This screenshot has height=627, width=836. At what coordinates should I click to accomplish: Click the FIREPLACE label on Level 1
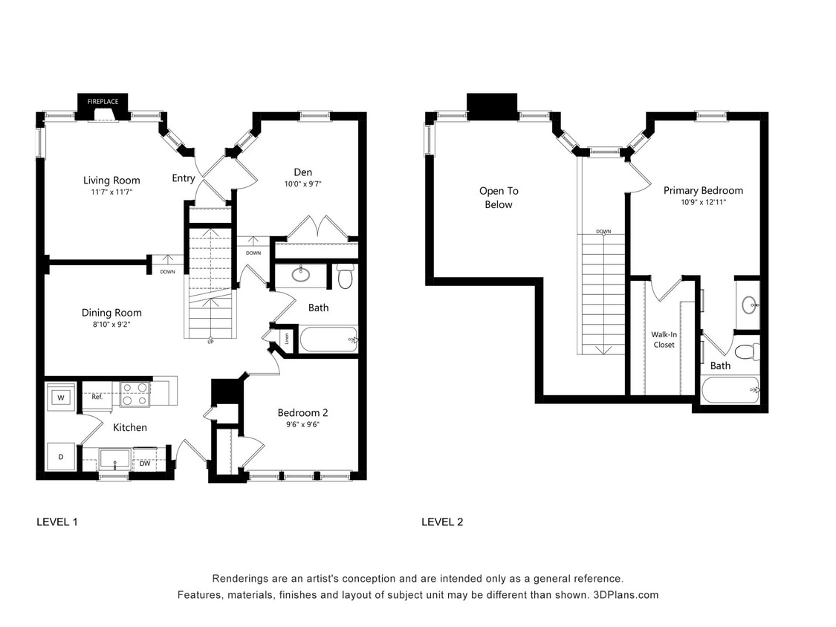[x=103, y=100]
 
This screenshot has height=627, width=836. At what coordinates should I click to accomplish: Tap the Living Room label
[x=111, y=181]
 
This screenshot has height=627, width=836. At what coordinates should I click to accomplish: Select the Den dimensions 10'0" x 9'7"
[x=302, y=184]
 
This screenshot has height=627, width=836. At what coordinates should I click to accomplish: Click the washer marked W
[x=60, y=397]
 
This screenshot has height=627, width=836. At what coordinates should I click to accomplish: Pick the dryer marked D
[x=60, y=457]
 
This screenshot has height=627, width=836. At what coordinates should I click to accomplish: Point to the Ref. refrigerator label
[x=97, y=397]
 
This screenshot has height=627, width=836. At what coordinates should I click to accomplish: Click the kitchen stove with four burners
[x=135, y=394]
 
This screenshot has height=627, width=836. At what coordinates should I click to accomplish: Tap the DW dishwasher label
[x=144, y=463]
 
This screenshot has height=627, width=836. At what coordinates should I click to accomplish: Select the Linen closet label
[x=286, y=340]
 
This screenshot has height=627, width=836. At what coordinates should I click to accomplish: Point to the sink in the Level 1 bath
[x=301, y=275]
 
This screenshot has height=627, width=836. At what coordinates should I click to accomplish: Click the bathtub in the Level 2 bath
[x=730, y=389]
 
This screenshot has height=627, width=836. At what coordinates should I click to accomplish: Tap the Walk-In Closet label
[x=664, y=340]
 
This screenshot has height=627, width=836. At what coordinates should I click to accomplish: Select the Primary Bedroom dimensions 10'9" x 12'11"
[x=703, y=202]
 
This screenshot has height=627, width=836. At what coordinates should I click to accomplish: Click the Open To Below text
[x=499, y=198]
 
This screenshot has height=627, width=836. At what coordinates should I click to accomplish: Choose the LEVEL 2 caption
[x=442, y=522]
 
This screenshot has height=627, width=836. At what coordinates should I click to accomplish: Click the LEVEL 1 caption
[x=57, y=522]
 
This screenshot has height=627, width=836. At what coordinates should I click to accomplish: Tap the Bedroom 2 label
[x=302, y=413]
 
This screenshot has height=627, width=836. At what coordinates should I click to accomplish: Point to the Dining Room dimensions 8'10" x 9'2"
[x=111, y=325]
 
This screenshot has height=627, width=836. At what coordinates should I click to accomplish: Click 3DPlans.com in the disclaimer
[x=626, y=595]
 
